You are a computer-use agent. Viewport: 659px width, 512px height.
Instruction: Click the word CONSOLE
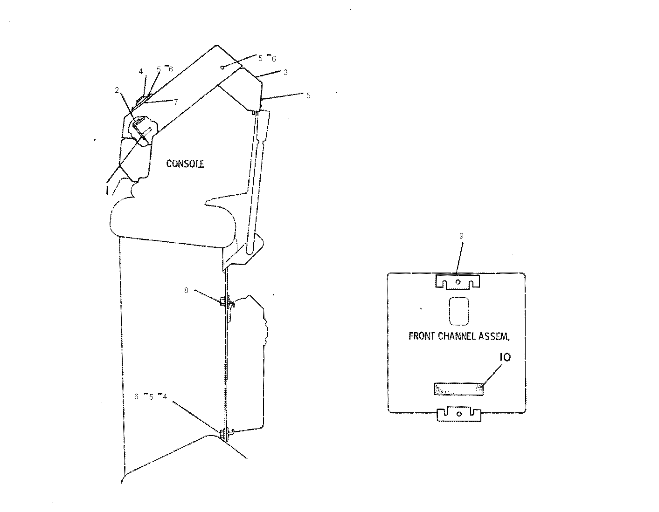[185, 164]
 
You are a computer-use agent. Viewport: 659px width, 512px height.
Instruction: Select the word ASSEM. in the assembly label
[494, 336]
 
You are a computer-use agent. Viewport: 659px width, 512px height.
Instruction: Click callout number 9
[461, 236]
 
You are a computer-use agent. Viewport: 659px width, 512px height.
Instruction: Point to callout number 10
[505, 357]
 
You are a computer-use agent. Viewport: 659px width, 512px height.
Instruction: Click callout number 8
[186, 290]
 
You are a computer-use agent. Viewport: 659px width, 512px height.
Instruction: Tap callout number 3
[285, 72]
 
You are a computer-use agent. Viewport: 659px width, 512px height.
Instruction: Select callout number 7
[176, 102]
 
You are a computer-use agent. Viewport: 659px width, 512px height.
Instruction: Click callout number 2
[117, 90]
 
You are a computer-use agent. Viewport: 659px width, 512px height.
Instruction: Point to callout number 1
[107, 190]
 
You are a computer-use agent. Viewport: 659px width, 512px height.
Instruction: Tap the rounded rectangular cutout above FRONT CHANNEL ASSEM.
[458, 311]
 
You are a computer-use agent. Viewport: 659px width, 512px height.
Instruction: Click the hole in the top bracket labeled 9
[458, 282]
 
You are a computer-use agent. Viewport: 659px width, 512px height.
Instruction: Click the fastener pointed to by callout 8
[226, 302]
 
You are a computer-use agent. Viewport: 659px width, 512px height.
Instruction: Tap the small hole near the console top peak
[222, 68]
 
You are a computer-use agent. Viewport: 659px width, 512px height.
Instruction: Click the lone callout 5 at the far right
[308, 96]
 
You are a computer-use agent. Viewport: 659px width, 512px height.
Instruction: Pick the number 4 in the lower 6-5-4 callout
[165, 396]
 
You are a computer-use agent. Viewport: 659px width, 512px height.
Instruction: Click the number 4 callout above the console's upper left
[141, 71]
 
